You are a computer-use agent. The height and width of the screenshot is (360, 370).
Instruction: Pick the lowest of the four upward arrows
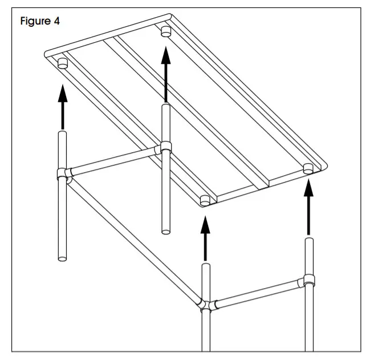coord(206,239)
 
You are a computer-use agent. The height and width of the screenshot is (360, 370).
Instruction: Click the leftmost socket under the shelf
coord(63,62)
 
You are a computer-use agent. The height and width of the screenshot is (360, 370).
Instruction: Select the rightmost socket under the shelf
coord(308,168)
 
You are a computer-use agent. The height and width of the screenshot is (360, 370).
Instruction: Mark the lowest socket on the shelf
coord(206,200)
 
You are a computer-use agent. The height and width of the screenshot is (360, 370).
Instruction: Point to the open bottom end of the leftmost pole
coord(63,256)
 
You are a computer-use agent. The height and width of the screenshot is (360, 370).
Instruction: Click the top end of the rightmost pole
coord(308,240)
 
